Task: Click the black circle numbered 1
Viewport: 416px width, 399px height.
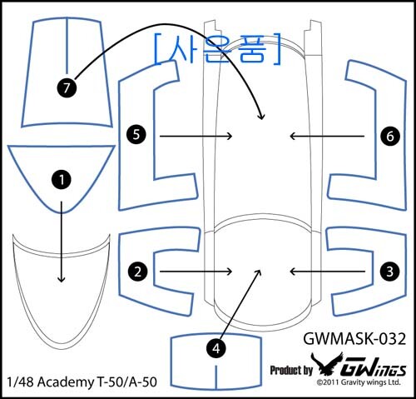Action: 62,180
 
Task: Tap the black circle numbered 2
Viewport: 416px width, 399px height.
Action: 137,272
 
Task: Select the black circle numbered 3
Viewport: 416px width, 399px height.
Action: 390,271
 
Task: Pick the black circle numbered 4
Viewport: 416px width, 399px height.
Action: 216,348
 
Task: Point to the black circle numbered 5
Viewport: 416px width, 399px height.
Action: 136,135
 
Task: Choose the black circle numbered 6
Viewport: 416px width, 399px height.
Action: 390,136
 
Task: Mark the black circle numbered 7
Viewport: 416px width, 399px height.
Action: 67,88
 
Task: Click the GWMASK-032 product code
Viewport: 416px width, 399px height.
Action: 354,339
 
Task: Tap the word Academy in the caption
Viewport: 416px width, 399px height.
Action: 66,382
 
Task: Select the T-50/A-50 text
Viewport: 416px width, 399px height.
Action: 126,382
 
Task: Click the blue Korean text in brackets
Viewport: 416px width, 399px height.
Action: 217,50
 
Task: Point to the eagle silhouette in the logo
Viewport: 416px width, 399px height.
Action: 327,363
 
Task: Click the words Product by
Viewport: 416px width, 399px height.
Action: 291,371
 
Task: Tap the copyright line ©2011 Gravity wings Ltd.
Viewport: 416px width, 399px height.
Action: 359,382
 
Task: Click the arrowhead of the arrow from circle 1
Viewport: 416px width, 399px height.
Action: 62,279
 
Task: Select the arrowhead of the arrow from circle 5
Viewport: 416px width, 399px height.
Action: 230,136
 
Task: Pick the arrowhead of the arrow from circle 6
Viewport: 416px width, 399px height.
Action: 293,136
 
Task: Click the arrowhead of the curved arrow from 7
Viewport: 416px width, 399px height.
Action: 261,117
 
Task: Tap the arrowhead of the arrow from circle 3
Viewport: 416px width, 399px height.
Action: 293,272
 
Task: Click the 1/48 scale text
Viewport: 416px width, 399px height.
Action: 21,382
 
